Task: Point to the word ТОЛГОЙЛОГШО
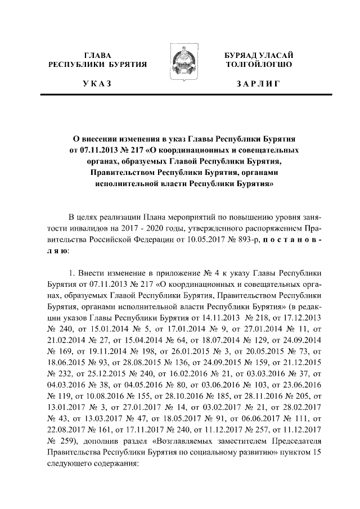(x=258, y=65)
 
